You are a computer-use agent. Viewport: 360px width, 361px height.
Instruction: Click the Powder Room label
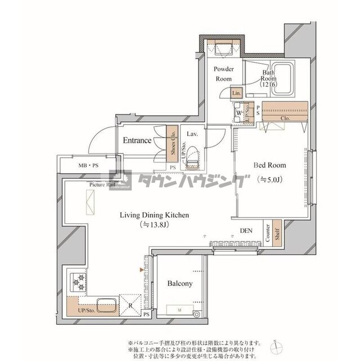point(223,74)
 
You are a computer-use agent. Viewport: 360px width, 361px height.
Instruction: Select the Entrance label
point(136,140)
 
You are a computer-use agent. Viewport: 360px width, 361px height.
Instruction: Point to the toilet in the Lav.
point(193,157)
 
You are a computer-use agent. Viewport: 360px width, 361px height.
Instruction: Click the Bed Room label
point(269,166)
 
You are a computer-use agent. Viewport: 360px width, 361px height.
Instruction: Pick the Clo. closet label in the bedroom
point(285,118)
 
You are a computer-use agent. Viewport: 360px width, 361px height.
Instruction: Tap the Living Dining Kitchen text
point(153,215)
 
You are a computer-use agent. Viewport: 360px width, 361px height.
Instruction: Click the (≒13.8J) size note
point(153,224)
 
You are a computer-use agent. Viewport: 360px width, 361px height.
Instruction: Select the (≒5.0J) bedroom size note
point(269,179)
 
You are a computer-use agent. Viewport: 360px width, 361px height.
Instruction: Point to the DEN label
point(246,230)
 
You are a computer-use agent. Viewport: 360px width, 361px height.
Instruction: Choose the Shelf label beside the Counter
point(277,236)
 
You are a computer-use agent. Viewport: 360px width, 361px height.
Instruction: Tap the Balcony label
point(180,284)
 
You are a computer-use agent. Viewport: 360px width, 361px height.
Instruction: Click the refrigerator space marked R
point(130,305)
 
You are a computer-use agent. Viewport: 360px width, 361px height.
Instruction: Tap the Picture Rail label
point(101,184)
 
